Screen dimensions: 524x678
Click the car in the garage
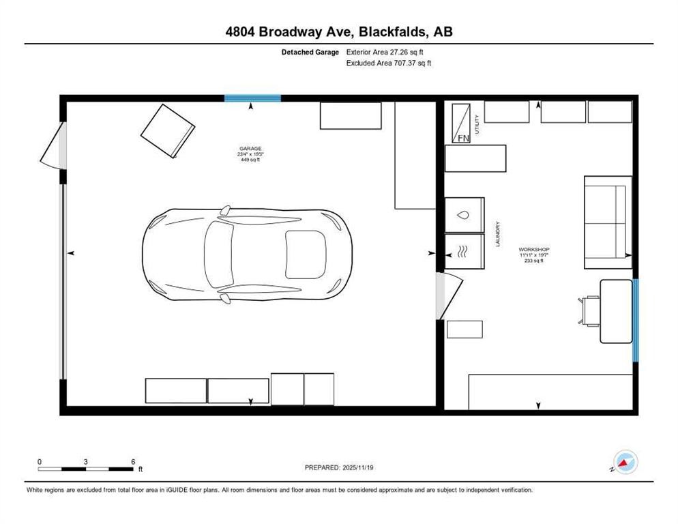coord(247,254)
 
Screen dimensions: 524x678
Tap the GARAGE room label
coord(250,149)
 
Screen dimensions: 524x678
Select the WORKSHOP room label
coord(533,250)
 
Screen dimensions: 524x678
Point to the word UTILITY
coord(477,124)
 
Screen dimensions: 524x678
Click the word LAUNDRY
coord(499,233)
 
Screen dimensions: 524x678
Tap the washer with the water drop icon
coord(464,215)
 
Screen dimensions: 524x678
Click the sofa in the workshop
coord(607,222)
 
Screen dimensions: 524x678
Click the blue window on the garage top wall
coord(252,98)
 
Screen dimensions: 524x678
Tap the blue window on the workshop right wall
coord(635,319)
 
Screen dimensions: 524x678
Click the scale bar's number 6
coord(132,461)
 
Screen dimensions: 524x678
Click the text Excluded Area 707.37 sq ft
coord(389,63)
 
